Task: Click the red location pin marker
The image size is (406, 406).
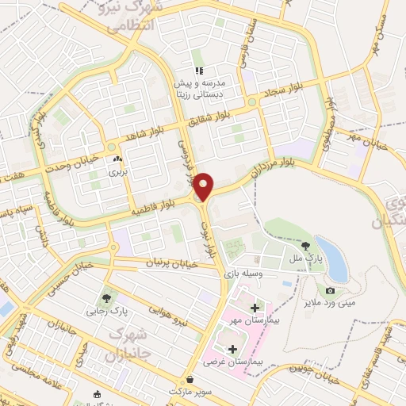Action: pos(204,186)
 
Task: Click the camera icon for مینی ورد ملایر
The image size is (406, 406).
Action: pos(330,291)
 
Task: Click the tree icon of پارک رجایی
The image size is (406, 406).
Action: pos(105,299)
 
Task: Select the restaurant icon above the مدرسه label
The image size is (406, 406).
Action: pos(199,59)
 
